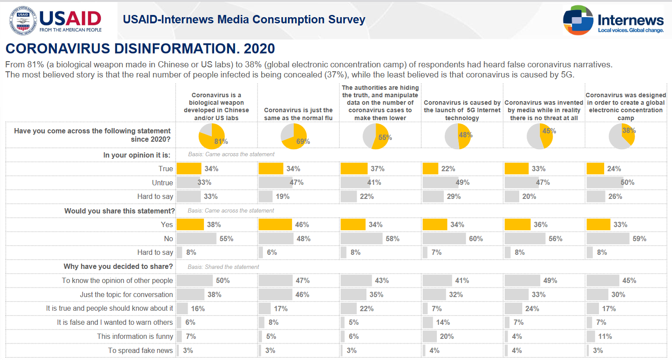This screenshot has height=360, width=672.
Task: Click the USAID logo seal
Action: click(23, 21)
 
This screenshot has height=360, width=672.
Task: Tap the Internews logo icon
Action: click(578, 20)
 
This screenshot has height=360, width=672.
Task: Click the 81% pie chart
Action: click(212, 136)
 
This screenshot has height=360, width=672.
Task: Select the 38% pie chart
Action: click(622, 136)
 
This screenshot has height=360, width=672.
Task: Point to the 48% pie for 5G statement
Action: click(458, 136)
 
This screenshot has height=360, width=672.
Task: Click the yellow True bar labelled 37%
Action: click(354, 169)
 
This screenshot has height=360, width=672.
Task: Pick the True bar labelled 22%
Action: click(430, 169)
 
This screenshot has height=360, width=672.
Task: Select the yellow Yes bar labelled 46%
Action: click(275, 224)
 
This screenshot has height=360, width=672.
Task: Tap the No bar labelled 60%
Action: click(444, 239)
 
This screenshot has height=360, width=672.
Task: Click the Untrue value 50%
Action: click(628, 183)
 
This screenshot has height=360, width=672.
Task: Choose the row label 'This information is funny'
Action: click(135, 336)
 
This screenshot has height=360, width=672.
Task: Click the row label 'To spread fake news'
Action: click(140, 350)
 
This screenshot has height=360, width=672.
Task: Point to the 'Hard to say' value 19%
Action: click(283, 197)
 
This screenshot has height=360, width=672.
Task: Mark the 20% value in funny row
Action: click(447, 336)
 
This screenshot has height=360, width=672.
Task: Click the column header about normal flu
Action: click(298, 114)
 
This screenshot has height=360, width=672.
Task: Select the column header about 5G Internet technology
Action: click(462, 110)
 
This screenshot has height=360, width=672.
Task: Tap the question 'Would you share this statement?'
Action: click(119, 211)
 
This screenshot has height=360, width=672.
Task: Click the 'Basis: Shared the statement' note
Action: click(223, 267)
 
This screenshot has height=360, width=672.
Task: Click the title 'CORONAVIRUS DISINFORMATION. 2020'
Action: click(140, 48)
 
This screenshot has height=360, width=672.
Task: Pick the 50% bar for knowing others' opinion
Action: click(194, 280)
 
